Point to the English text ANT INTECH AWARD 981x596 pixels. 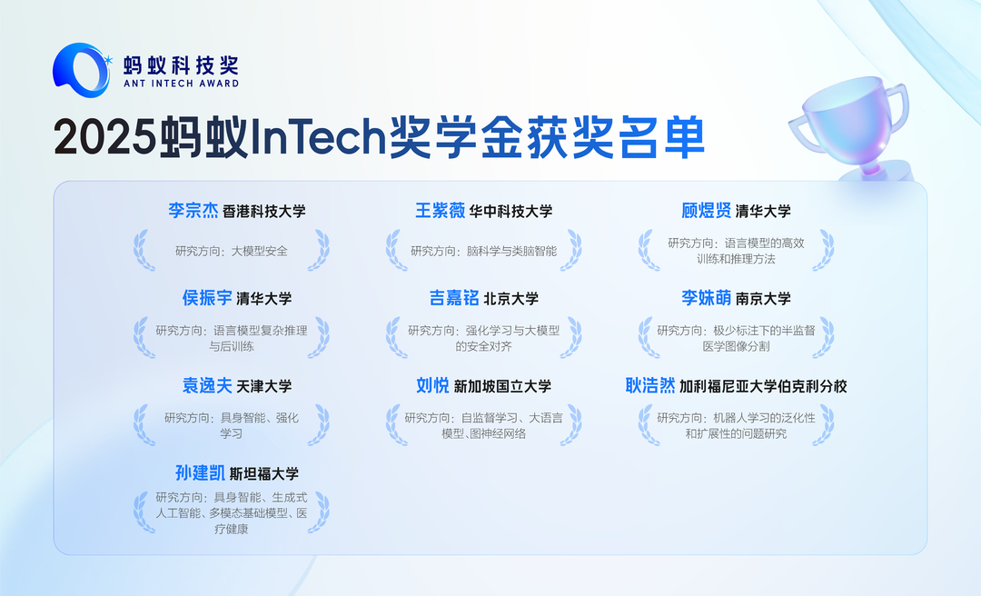coord(181,84)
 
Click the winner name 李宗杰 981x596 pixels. coord(193,211)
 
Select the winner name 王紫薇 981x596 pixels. coord(441,211)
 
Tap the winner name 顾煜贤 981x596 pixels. coord(707,211)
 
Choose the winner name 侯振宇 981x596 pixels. coord(206,298)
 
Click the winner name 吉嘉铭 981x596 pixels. coord(454,298)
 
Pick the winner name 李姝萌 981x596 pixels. coord(707,298)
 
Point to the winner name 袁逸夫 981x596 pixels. coord(206,386)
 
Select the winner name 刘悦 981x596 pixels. coord(432,386)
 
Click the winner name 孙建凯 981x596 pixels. coord(200,473)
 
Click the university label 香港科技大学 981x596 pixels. coord(264,212)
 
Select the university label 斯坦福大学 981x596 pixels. coord(264,474)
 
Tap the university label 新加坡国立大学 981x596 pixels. coord(502,387)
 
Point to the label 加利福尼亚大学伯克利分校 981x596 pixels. coord(763,387)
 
